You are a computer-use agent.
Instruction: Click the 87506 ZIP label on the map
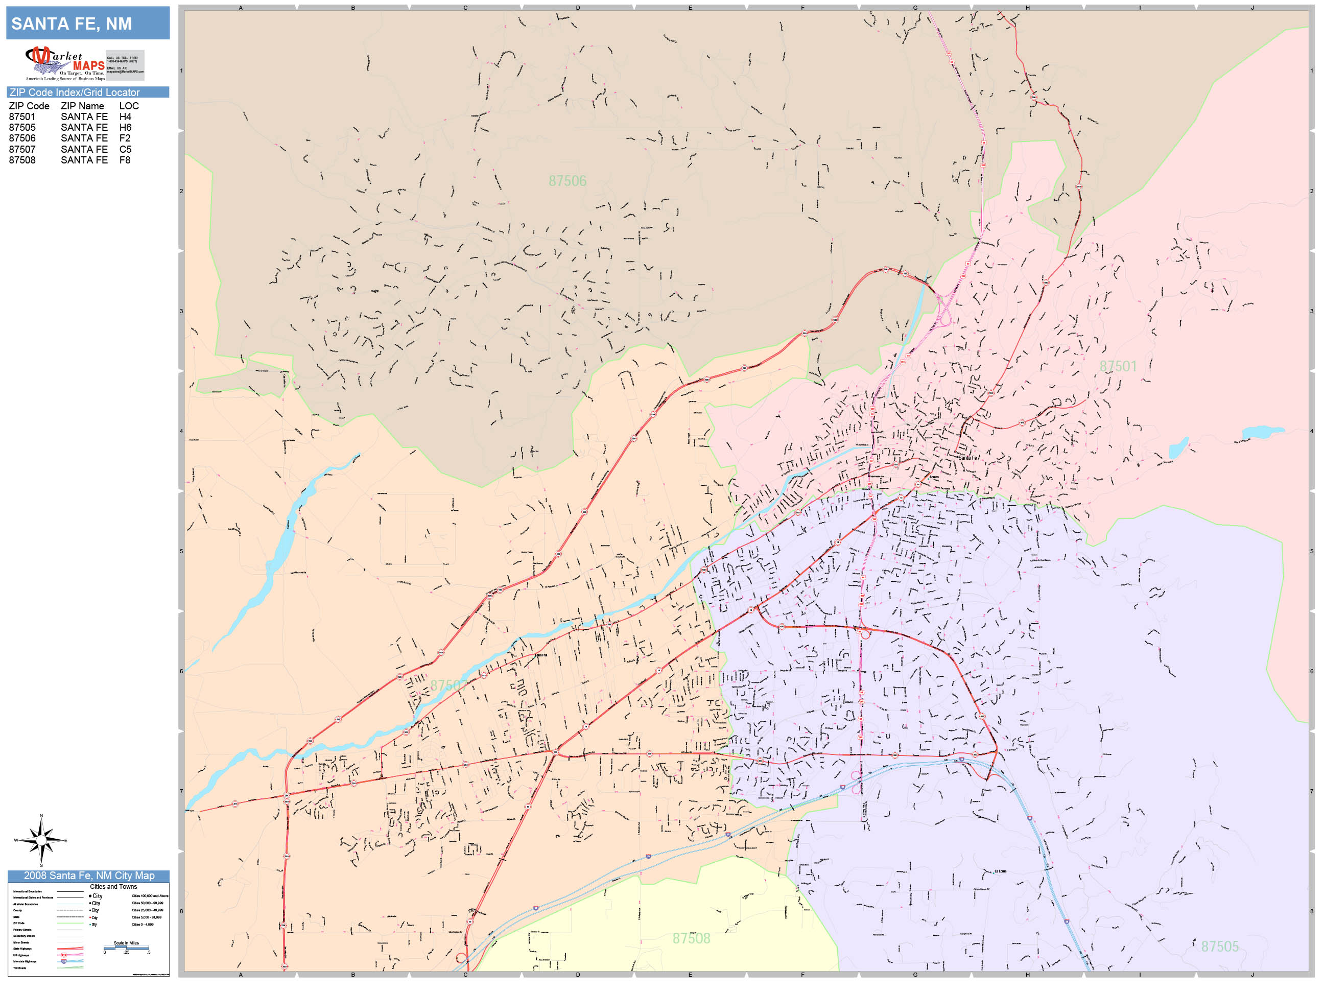[567, 181]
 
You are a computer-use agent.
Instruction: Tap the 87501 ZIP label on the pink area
[1117, 366]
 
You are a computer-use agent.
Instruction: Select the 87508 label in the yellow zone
[691, 938]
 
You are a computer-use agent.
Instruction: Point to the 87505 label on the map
[1219, 947]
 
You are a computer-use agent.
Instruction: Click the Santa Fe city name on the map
[967, 458]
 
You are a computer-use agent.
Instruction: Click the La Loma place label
[1000, 871]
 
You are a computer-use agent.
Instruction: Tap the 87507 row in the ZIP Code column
[22, 149]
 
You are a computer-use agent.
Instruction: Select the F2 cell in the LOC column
[125, 138]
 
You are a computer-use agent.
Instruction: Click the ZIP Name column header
[82, 106]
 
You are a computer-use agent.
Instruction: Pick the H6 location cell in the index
[125, 128]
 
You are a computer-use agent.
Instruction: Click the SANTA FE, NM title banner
[88, 23]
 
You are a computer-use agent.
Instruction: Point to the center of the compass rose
[41, 840]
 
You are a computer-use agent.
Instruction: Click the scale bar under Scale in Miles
[126, 948]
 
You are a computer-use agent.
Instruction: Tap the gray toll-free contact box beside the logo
[125, 65]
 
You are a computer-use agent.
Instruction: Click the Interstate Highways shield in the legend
[64, 961]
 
